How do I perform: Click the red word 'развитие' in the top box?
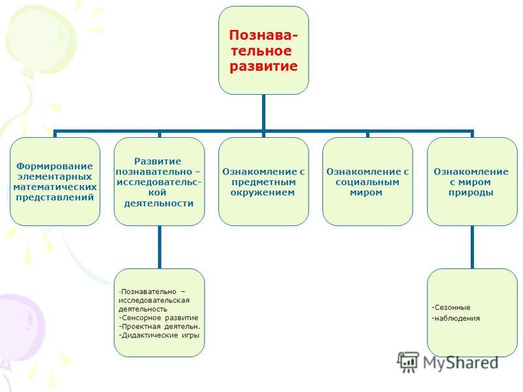click(x=263, y=67)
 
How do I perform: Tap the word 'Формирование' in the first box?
click(x=55, y=166)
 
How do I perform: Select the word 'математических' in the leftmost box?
click(x=55, y=187)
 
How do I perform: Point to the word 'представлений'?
click(x=55, y=197)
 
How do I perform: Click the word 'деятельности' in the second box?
click(x=159, y=203)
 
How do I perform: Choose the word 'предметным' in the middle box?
click(x=263, y=182)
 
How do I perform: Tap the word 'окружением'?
click(x=263, y=192)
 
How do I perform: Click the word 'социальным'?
click(x=367, y=182)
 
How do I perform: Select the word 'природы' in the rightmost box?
click(x=471, y=193)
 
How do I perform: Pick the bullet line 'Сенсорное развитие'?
click(x=158, y=318)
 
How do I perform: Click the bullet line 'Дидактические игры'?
click(x=159, y=335)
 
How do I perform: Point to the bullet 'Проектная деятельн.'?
click(x=160, y=326)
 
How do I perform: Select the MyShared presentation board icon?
click(x=408, y=362)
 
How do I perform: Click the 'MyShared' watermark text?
click(x=461, y=363)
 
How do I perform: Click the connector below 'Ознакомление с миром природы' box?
click(x=472, y=247)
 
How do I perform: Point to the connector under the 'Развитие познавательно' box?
click(x=160, y=247)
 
